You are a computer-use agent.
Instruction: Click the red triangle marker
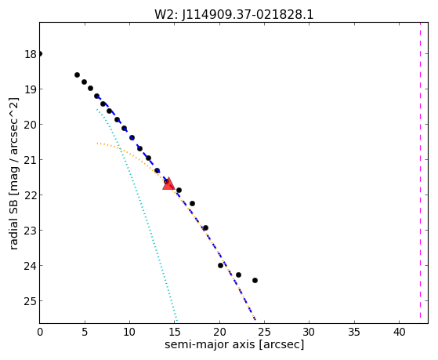(x=168, y=184)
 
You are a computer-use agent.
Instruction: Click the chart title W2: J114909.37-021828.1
(x=234, y=14)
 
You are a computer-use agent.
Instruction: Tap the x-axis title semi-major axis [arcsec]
(x=234, y=344)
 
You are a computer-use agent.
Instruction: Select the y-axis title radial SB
(x=14, y=222)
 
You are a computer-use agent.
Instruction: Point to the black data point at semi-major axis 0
(x=40, y=53)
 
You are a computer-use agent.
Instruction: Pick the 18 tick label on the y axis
(x=31, y=54)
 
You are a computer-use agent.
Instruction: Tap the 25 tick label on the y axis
(x=31, y=301)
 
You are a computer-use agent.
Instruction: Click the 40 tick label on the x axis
(x=399, y=332)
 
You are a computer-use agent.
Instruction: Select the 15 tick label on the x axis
(x=175, y=332)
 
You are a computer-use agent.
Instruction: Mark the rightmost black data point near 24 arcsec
(x=255, y=280)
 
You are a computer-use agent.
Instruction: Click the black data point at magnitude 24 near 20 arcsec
(x=220, y=265)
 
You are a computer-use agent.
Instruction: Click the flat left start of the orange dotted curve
(x=98, y=144)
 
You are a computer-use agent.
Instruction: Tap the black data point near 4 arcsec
(x=77, y=75)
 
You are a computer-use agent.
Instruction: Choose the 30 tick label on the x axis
(x=309, y=332)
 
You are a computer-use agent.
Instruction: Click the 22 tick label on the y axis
(x=31, y=195)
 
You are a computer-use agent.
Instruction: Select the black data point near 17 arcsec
(x=192, y=203)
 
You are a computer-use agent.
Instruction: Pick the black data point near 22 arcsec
(x=238, y=275)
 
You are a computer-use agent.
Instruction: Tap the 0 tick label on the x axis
(x=40, y=332)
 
